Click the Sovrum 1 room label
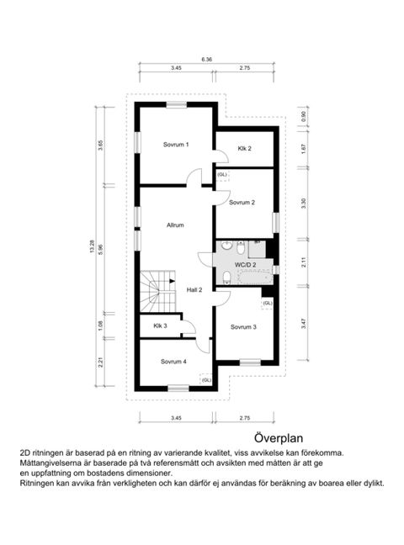click(x=176, y=145)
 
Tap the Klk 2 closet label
click(x=244, y=149)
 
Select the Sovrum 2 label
click(x=242, y=202)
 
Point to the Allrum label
click(x=175, y=225)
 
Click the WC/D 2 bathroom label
click(x=246, y=264)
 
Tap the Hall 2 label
click(x=194, y=289)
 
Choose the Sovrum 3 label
click(x=243, y=326)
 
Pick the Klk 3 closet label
click(x=160, y=325)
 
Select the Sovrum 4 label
click(x=173, y=362)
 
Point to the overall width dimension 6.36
click(x=207, y=60)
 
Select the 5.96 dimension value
click(x=101, y=249)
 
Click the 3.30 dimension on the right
click(x=304, y=202)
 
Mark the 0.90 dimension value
click(x=304, y=116)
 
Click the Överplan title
click(x=279, y=438)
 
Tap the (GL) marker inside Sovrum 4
click(x=205, y=380)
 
